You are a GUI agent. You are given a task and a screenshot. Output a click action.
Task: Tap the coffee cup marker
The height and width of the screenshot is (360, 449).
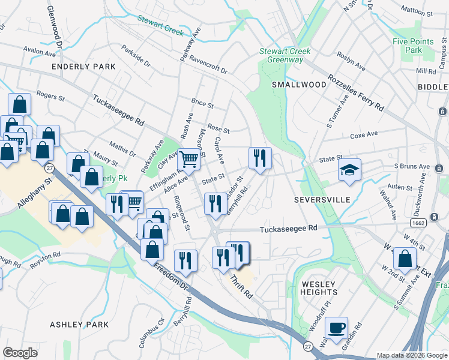click(336, 328)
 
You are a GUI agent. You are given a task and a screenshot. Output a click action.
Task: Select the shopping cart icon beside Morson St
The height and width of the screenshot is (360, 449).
click(188, 160)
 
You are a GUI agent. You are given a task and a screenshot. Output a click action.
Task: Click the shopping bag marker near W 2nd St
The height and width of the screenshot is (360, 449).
click(405, 259)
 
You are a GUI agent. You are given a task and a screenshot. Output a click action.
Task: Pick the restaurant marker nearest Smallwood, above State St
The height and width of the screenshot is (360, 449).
click(260, 158)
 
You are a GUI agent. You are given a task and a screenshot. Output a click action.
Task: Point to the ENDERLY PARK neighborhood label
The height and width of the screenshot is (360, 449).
click(83, 67)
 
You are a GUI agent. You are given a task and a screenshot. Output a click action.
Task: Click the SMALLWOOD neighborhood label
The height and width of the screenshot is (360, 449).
click(299, 85)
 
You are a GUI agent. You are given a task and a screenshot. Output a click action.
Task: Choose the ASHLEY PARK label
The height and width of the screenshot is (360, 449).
click(79, 325)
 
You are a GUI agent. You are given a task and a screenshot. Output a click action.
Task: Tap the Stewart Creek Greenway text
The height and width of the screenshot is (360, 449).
click(285, 55)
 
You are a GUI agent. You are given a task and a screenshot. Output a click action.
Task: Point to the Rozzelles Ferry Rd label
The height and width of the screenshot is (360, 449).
click(356, 93)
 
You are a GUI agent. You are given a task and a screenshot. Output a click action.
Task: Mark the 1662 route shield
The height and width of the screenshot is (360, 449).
click(418, 223)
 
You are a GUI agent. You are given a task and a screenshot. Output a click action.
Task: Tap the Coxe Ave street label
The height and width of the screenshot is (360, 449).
click(364, 135)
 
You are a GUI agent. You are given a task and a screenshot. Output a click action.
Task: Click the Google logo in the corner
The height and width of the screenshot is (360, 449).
click(20, 353)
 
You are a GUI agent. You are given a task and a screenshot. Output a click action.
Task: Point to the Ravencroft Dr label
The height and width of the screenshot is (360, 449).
click(208, 65)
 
